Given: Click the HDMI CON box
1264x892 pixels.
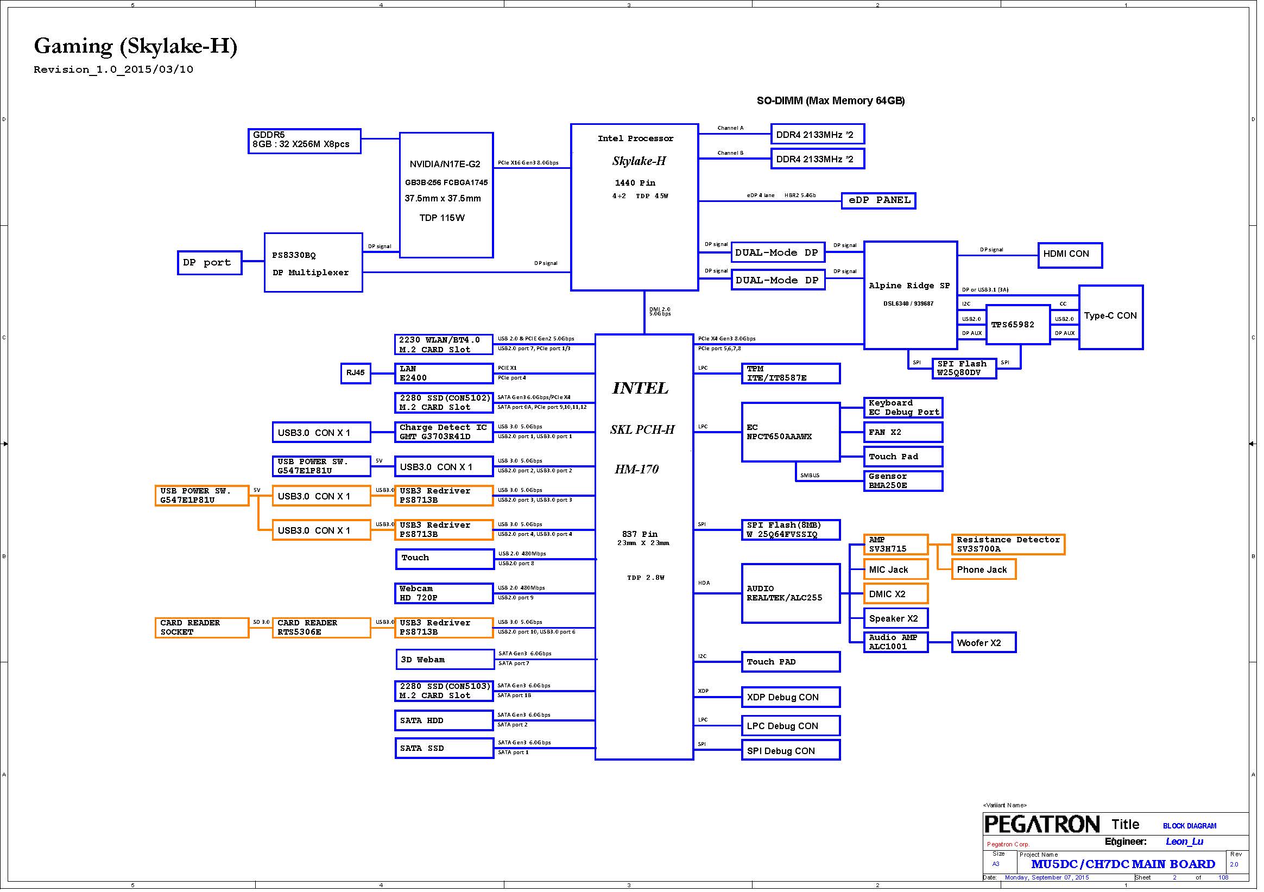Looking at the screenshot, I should [1069, 255].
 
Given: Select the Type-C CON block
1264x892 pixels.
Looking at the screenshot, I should [1110, 317].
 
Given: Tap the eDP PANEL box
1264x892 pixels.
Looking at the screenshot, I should [878, 200].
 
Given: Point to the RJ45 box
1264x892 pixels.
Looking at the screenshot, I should [355, 374].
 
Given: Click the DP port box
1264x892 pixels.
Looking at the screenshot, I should [209, 263].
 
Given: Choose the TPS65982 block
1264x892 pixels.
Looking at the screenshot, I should [1017, 325].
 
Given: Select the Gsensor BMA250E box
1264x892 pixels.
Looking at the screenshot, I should [902, 480].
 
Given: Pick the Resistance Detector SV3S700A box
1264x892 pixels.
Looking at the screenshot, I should [1008, 544].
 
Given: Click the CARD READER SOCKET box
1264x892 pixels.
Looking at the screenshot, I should [201, 628].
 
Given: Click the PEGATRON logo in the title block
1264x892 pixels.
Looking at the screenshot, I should [1041, 825].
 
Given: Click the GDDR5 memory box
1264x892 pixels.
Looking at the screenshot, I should [304, 141].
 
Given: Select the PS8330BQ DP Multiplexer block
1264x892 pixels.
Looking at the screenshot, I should [313, 263].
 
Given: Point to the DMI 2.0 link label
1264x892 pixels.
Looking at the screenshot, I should [660, 312].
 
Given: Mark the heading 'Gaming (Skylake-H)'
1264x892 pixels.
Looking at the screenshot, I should [135, 46].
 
